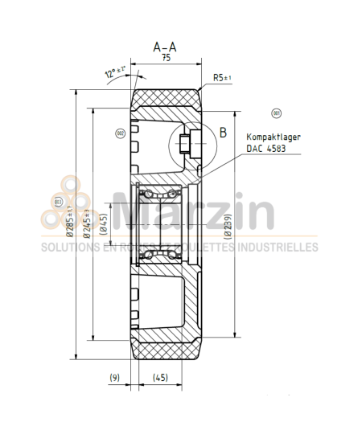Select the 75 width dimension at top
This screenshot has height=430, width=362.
pyautogui.click(x=165, y=59)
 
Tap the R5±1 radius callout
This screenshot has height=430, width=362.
pyautogui.click(x=223, y=77)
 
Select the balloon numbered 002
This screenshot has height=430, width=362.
pyautogui.click(x=121, y=133)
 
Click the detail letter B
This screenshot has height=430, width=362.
pyautogui.click(x=223, y=131)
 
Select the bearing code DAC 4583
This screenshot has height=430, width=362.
pyautogui.click(x=265, y=149)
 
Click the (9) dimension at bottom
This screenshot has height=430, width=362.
pyautogui.click(x=114, y=376)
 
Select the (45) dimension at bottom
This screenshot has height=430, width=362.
pyautogui.click(x=160, y=376)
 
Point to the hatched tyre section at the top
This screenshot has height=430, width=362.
pyautogui.click(x=167, y=102)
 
